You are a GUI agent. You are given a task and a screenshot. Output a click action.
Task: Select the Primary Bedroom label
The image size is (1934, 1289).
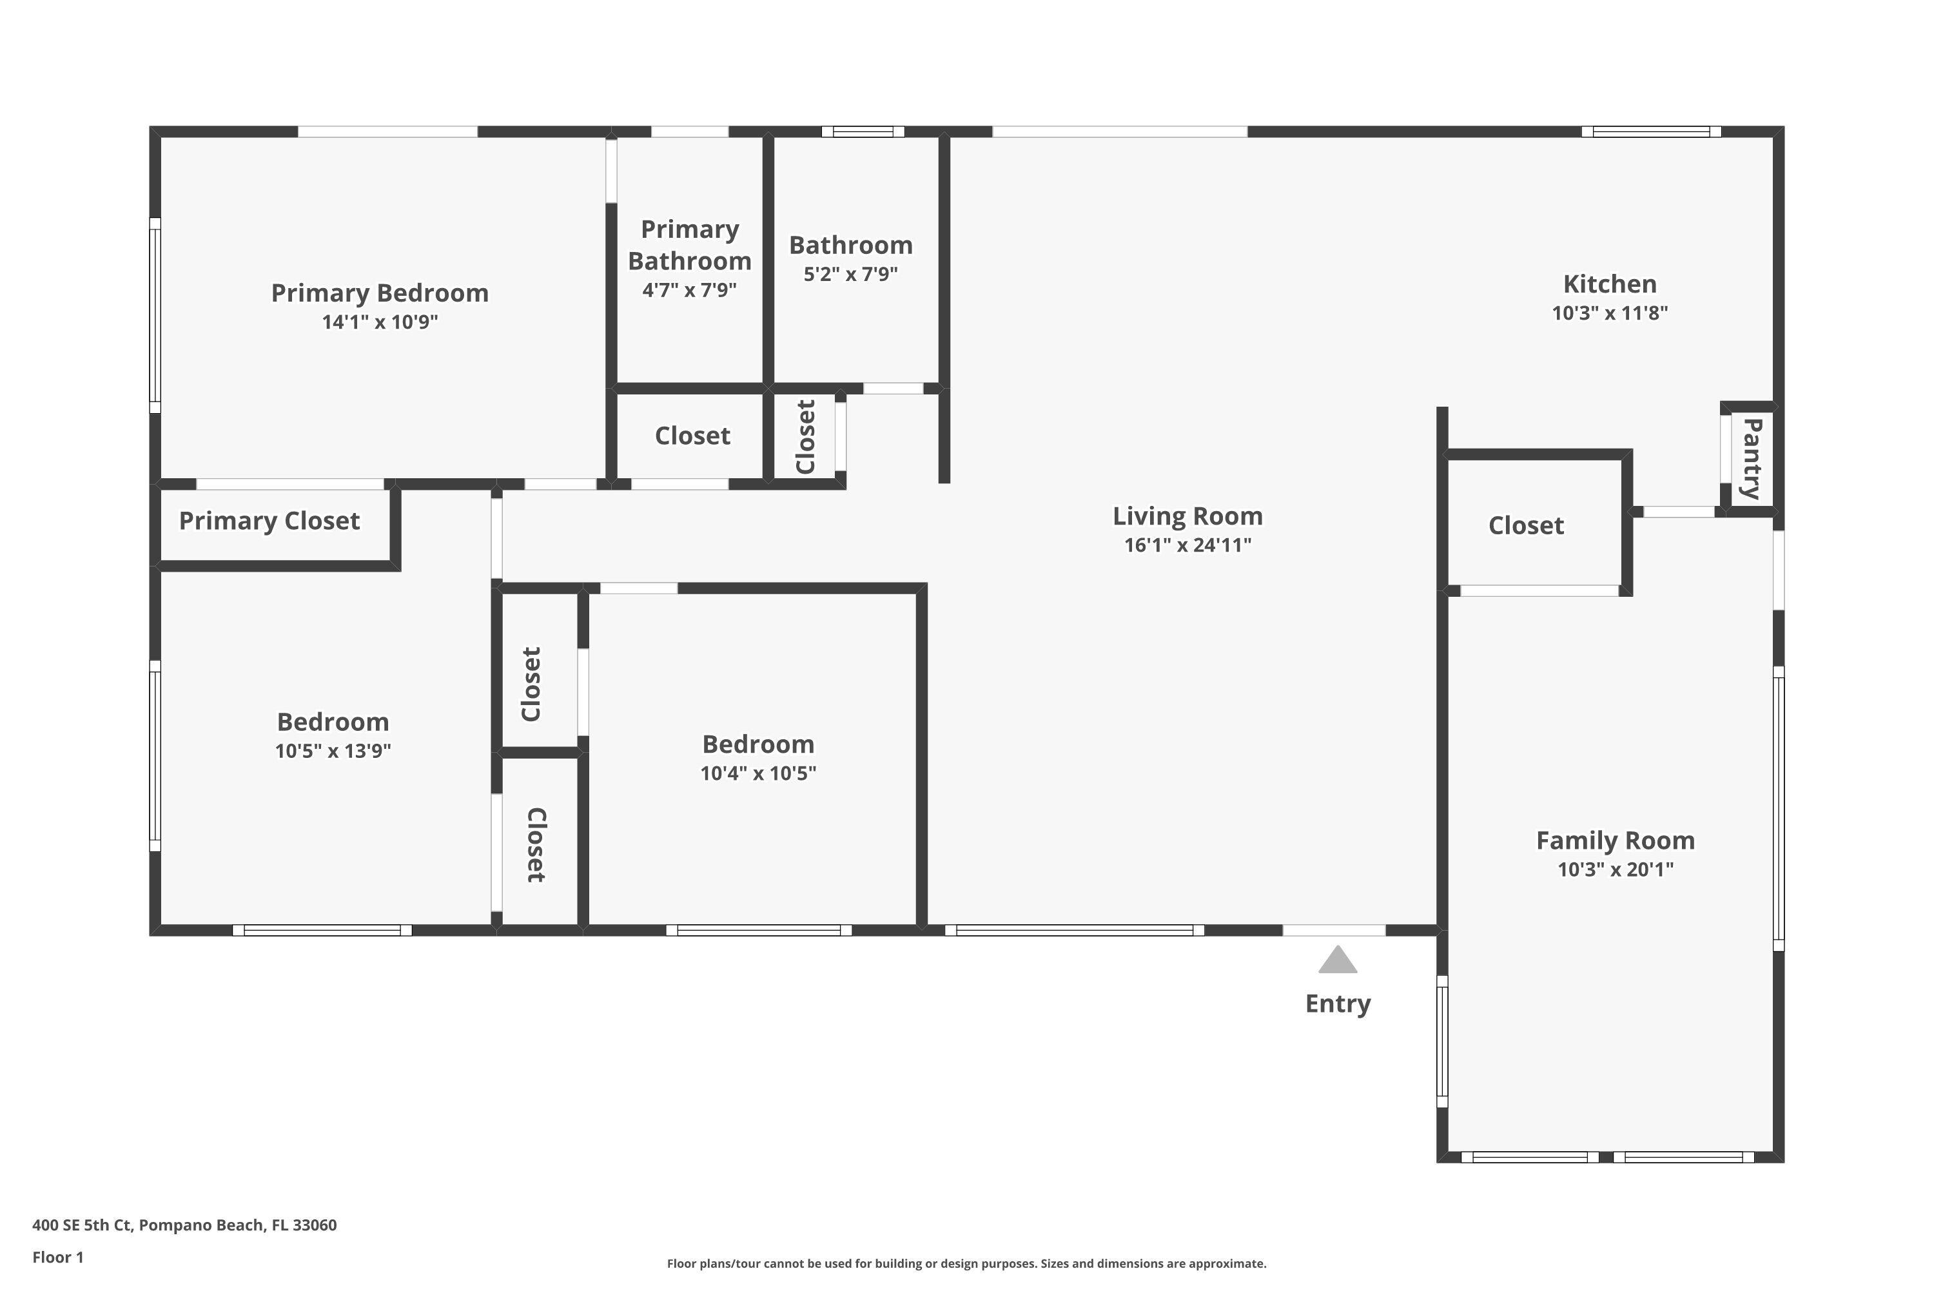[379, 293]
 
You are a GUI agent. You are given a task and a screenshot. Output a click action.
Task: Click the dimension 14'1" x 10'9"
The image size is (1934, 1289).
[379, 322]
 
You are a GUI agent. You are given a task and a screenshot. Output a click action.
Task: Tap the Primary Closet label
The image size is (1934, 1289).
[269, 521]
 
